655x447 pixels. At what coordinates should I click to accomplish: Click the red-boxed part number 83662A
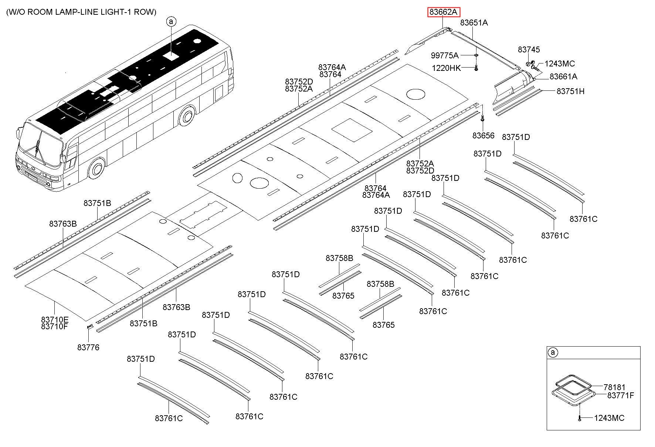(x=444, y=12)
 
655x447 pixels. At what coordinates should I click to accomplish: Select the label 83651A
(x=474, y=23)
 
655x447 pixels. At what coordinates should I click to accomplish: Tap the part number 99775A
(x=445, y=55)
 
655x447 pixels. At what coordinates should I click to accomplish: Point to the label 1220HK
(x=447, y=68)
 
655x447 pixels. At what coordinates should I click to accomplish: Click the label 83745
(x=529, y=49)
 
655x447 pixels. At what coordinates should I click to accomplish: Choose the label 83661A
(x=563, y=76)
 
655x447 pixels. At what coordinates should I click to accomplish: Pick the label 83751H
(x=570, y=91)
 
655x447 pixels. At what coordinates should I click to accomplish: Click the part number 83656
(x=483, y=135)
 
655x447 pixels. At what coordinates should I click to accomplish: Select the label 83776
(x=88, y=347)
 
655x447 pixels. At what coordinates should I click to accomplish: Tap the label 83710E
(x=55, y=320)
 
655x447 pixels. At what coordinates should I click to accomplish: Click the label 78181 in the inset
(x=614, y=387)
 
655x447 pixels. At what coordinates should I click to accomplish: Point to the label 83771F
(x=621, y=396)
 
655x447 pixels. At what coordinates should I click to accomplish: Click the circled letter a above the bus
(x=171, y=22)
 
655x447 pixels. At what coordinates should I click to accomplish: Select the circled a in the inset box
(x=553, y=353)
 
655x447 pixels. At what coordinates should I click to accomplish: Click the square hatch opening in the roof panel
(x=352, y=130)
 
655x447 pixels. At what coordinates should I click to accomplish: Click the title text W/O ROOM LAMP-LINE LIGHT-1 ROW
(x=81, y=12)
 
